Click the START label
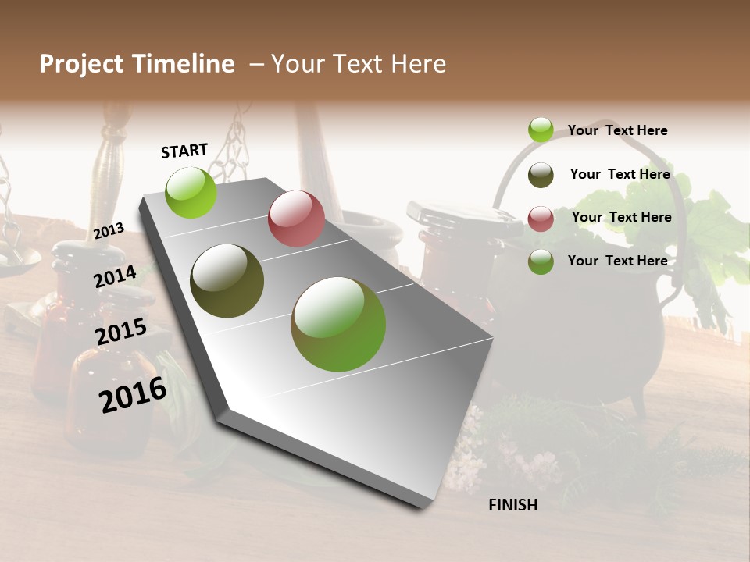tap(184, 151)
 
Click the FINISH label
tap(512, 505)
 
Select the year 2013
tap(109, 230)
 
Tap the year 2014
tap(116, 277)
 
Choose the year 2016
tap(133, 394)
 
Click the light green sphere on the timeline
tap(191, 192)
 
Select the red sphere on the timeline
tap(296, 219)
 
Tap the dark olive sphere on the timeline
tap(227, 281)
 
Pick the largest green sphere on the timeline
tap(338, 324)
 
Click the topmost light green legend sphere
tap(541, 130)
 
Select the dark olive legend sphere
tap(541, 175)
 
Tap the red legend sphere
tap(541, 219)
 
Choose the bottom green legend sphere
tap(541, 261)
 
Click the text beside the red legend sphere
tap(621, 217)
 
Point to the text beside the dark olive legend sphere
tap(620, 174)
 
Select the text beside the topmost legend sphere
tap(617, 130)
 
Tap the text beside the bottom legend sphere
tap(617, 261)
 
